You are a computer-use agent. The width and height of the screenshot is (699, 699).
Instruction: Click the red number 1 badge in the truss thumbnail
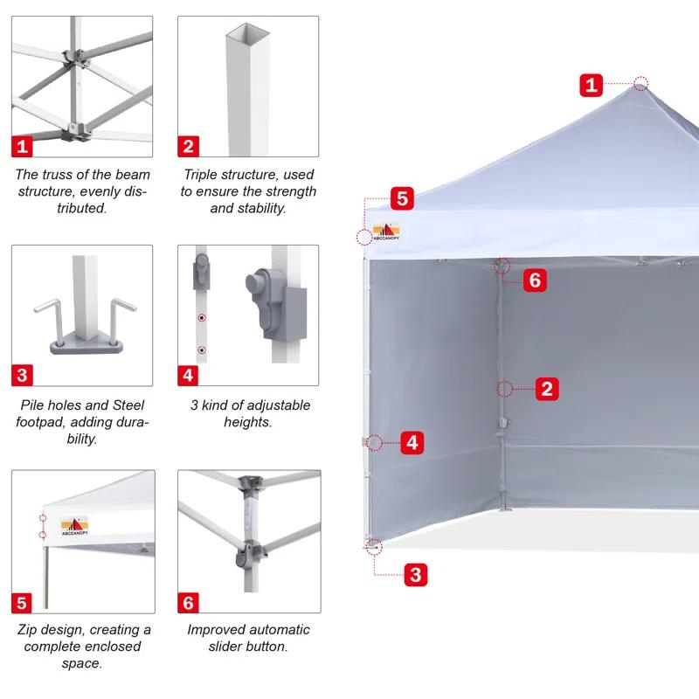tap(22, 145)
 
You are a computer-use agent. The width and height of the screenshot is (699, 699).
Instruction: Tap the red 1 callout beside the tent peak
tap(592, 85)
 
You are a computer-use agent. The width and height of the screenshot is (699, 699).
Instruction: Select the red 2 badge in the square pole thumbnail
tap(189, 145)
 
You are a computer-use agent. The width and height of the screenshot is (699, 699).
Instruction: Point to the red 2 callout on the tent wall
tap(547, 389)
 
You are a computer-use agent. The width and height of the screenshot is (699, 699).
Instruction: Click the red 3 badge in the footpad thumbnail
tap(22, 376)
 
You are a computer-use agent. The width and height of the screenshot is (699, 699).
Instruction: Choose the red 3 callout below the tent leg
tap(416, 575)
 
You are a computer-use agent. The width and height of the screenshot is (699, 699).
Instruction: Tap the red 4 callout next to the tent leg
tap(413, 443)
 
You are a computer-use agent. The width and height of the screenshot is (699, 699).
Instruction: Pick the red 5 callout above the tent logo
tap(402, 198)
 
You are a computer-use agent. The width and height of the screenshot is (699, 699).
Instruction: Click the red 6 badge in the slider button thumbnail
tap(189, 603)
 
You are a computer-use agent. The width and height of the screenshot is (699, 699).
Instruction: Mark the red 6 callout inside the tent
tap(536, 280)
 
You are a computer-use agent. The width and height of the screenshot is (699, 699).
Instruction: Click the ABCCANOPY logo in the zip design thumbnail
tap(73, 526)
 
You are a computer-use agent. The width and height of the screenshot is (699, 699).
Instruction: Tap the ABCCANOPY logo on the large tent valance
tap(384, 233)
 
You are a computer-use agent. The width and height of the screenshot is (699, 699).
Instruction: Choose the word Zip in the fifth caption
tap(30, 630)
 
